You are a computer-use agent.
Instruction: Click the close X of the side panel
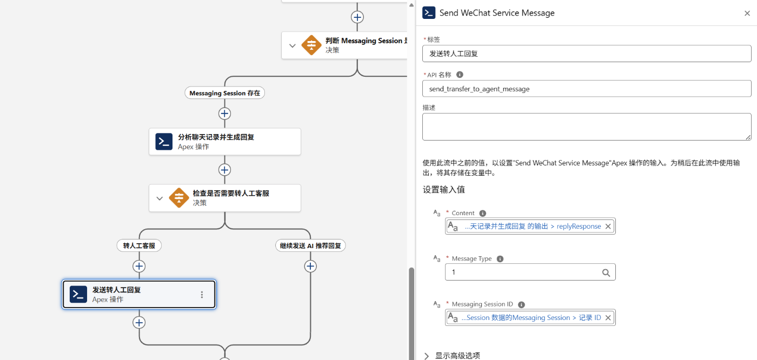coord(747,13)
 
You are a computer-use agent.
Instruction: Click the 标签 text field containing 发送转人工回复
coord(587,54)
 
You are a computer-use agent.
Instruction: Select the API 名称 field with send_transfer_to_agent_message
coord(587,89)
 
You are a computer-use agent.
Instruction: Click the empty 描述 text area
coord(587,126)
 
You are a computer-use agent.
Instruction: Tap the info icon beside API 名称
coord(460,75)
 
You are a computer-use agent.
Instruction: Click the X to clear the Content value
coord(608,226)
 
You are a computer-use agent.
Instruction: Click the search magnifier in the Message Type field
coord(606,272)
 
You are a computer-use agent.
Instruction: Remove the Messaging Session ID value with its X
coord(608,318)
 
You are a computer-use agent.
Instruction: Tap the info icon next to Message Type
coord(500,259)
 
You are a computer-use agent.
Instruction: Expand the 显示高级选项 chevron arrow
coord(427,356)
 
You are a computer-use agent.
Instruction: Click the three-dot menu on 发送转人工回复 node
coord(202,295)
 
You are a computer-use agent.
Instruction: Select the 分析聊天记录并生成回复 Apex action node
coord(225,142)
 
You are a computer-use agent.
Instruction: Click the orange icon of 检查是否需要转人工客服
coord(179,198)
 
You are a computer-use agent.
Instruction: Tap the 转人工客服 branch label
coord(139,245)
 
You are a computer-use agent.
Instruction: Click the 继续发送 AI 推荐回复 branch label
coord(310,245)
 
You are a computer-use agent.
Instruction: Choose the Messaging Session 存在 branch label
coord(225,93)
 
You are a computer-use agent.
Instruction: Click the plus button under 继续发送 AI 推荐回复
coord(310,266)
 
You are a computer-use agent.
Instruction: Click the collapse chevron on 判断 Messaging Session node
coord(293,45)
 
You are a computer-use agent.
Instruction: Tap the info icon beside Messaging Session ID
coord(521,305)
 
